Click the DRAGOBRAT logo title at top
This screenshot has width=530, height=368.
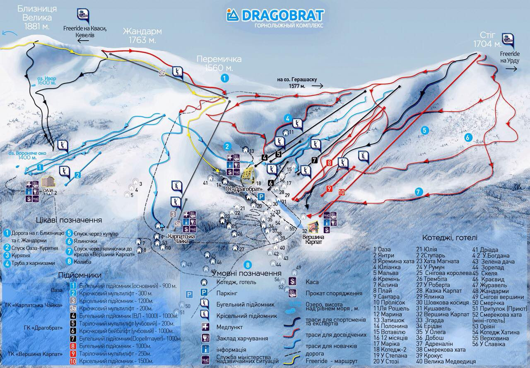[x=275, y=15]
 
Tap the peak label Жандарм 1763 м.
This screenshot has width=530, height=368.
[x=142, y=36]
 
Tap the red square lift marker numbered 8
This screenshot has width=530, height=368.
[x=330, y=163]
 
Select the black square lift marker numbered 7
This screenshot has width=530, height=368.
[x=314, y=160]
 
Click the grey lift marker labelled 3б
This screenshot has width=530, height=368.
[x=162, y=73]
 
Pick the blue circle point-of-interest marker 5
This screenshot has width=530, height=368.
[x=424, y=130]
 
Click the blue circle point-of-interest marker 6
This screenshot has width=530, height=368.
[x=468, y=138]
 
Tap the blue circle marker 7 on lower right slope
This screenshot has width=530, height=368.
[x=419, y=192]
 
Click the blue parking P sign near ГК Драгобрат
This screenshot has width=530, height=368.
[x=261, y=196]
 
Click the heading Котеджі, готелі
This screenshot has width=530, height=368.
[x=450, y=238]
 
